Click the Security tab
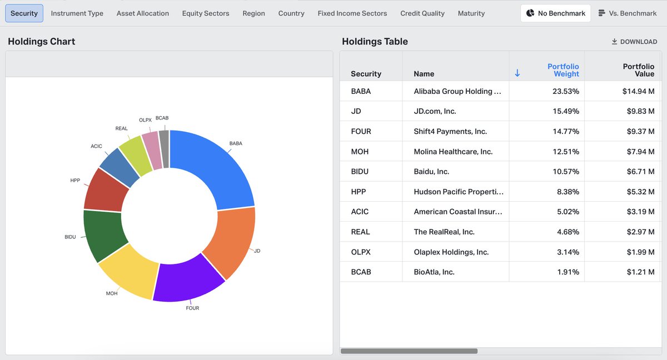(x=24, y=13)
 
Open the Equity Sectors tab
(x=206, y=13)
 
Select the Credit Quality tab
(x=422, y=13)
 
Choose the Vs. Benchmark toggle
(x=628, y=13)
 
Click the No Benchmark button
(x=556, y=13)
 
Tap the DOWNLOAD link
(x=634, y=42)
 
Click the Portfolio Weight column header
(x=563, y=70)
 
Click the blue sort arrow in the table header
(x=517, y=73)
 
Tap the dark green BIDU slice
(x=103, y=235)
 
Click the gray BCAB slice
(x=165, y=149)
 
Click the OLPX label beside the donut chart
(x=145, y=120)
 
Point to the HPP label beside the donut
(x=75, y=181)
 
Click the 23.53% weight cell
(x=566, y=91)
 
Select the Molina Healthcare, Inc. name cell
(x=453, y=152)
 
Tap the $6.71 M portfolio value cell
(x=640, y=171)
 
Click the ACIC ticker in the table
(x=360, y=212)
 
